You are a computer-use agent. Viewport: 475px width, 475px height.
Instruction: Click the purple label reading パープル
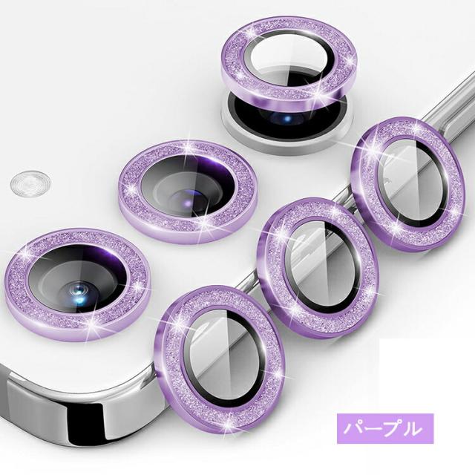(x=385, y=428)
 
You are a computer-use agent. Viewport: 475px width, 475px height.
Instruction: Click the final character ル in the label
(x=413, y=429)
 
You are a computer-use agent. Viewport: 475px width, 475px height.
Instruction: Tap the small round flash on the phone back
(x=30, y=183)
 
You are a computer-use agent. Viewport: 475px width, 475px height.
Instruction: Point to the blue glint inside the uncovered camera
(x=287, y=118)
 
